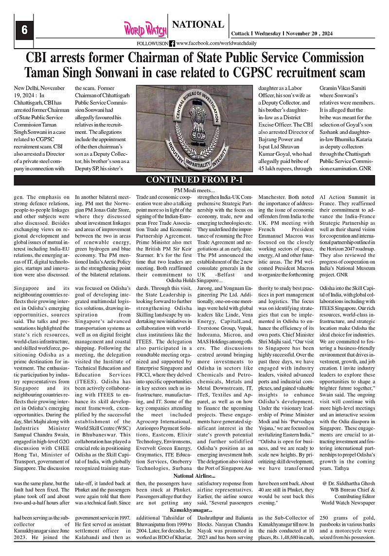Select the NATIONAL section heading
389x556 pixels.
pyautogui.click(x=198, y=24)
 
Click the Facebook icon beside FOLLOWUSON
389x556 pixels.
pyautogui.click(x=172, y=43)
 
